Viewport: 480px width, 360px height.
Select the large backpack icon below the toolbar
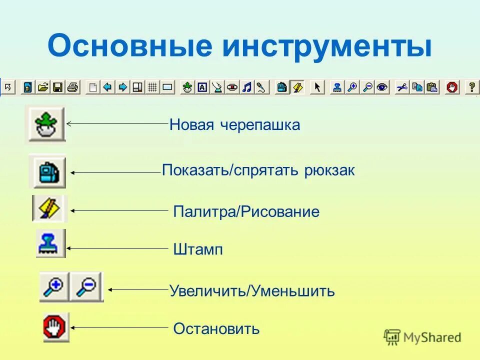click(49, 171)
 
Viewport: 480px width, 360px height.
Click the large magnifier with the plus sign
click(54, 287)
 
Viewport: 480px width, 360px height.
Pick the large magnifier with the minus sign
click(87, 287)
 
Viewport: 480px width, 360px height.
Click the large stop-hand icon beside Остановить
click(56, 327)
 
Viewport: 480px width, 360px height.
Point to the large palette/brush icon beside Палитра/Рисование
click(49, 208)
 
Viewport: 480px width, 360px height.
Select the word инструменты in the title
click(327, 46)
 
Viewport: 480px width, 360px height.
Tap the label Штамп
click(198, 249)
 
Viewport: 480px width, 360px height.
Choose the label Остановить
click(216, 328)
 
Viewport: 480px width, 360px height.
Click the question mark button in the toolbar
click(470, 87)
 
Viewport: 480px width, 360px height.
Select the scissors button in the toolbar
click(401, 87)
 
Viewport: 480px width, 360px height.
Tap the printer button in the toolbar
click(72, 87)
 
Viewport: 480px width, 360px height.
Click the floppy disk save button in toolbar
click(57, 87)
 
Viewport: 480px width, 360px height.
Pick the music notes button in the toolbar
click(246, 87)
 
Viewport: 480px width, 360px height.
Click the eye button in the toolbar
click(382, 87)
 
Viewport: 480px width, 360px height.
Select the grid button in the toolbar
click(152, 87)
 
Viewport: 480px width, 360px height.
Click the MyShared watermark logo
click(422, 337)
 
